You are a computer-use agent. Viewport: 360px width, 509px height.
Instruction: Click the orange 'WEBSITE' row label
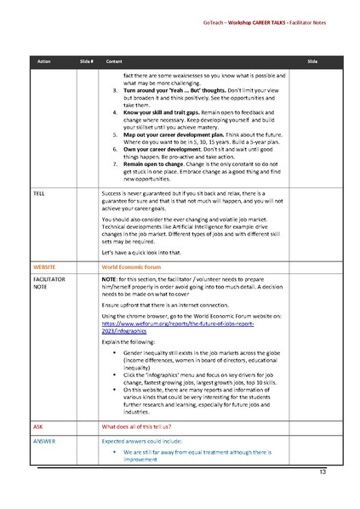43,266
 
